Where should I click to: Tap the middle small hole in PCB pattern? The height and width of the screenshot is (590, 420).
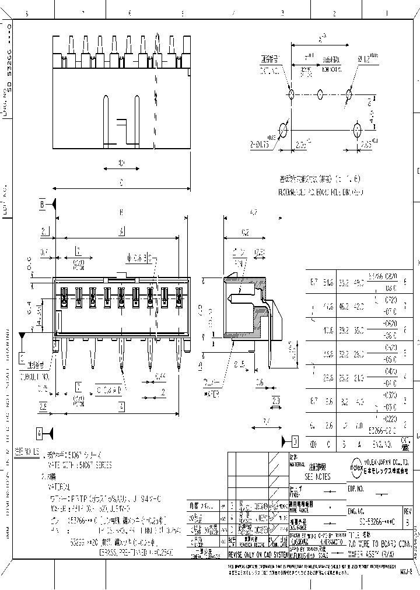click(x=320, y=93)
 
